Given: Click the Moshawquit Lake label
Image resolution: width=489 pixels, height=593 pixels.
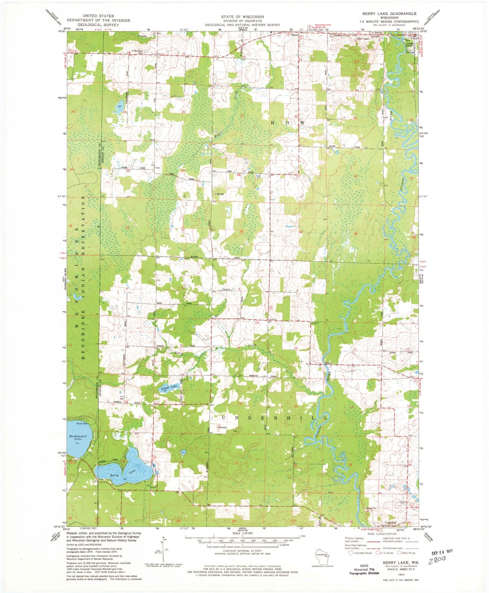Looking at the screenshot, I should coord(78,437).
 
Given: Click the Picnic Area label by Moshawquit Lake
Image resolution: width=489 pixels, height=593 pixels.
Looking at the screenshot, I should coord(82,423).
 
